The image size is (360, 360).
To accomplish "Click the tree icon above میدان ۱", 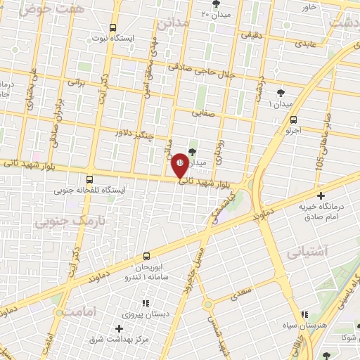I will pos(281,92).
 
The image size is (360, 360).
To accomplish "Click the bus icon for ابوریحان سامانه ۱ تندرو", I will pos(146,256).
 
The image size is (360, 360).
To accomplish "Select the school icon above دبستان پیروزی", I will pos(145,302).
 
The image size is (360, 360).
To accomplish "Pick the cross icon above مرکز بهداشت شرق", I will pos(117,328).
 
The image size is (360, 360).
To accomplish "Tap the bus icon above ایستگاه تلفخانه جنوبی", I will pos(89,179).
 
